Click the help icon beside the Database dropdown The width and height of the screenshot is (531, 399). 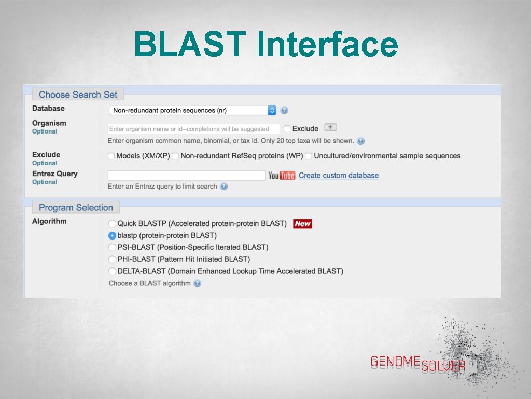(284, 110)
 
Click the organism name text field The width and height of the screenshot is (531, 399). (193, 129)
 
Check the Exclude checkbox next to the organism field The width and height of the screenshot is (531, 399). (287, 129)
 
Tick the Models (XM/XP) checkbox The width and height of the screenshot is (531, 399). (111, 156)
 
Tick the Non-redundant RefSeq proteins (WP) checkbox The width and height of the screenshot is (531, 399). (175, 156)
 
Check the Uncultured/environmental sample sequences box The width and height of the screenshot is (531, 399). (309, 156)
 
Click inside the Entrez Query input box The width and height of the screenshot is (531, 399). (186, 176)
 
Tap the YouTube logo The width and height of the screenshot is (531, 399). (282, 176)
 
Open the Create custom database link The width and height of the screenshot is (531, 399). (339, 176)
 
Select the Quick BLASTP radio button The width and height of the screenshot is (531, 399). (112, 223)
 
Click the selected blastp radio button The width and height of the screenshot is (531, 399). (112, 235)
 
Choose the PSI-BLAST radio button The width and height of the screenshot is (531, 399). (112, 247)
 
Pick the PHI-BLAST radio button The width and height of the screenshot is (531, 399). (112, 259)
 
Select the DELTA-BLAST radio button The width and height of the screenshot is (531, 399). (112, 271)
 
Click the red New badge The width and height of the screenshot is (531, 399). (302, 224)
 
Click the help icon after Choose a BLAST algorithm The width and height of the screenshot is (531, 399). (197, 283)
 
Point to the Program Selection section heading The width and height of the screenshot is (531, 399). (76, 207)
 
